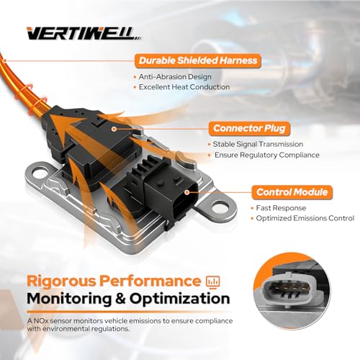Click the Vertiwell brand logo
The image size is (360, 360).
(x=84, y=33)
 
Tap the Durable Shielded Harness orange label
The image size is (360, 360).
(x=198, y=60)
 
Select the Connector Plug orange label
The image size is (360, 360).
(x=249, y=128)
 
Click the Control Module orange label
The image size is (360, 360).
(x=292, y=192)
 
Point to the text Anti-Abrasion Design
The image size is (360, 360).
(x=175, y=77)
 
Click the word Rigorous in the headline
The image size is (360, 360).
(x=61, y=282)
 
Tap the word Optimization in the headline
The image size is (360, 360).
(x=179, y=299)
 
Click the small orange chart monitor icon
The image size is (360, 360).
(x=213, y=282)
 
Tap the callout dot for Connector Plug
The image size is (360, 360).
(x=114, y=129)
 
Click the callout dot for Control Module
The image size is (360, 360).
(x=187, y=192)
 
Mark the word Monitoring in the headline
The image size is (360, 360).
(x=69, y=299)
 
